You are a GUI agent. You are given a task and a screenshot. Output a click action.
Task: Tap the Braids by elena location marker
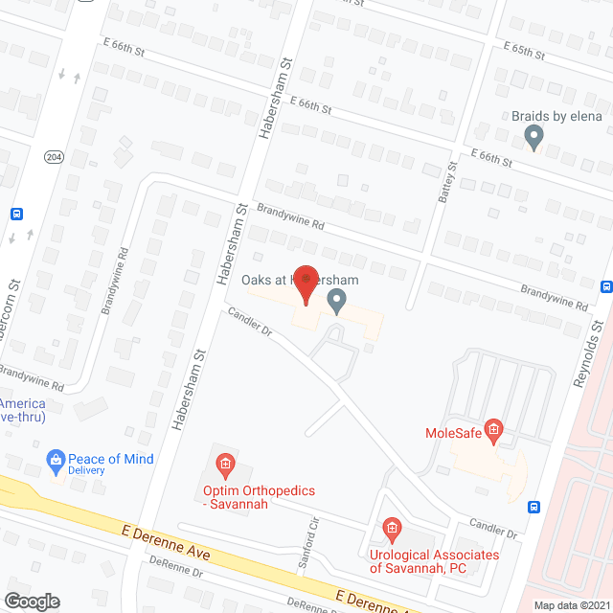pyautogui.click(x=534, y=138)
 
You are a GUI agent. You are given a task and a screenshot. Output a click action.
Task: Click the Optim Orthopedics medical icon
pyautogui.click(x=225, y=467)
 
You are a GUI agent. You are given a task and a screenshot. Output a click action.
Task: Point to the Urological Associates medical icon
pyautogui.click(x=391, y=528)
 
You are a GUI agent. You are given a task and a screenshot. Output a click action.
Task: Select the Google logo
pyautogui.click(x=31, y=601)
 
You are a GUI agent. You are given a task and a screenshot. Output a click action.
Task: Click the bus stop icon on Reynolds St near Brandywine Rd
pyautogui.click(x=606, y=286)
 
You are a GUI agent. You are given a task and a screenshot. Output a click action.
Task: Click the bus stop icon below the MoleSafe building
pyautogui.click(x=534, y=507)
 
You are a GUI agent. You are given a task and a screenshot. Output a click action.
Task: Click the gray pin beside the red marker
pyautogui.click(x=336, y=302)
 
